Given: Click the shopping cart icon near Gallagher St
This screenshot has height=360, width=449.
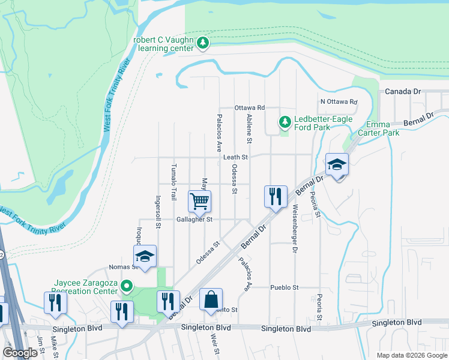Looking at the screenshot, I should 199,201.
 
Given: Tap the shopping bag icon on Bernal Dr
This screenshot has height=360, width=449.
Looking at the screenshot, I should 211,299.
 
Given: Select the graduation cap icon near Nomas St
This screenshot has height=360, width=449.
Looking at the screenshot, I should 145,256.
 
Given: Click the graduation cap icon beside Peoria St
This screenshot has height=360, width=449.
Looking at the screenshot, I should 337,165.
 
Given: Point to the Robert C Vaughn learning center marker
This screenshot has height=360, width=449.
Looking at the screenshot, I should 203,43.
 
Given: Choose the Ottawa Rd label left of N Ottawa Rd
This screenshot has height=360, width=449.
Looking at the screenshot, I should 250,107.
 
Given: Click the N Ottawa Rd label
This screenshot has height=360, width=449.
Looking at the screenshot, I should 339,102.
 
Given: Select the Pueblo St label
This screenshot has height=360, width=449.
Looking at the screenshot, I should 284,288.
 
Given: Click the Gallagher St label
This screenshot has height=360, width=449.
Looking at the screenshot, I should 194,220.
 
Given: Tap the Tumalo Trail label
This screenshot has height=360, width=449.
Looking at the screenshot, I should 174,181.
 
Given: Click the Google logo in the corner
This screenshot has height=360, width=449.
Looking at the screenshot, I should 20,353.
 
